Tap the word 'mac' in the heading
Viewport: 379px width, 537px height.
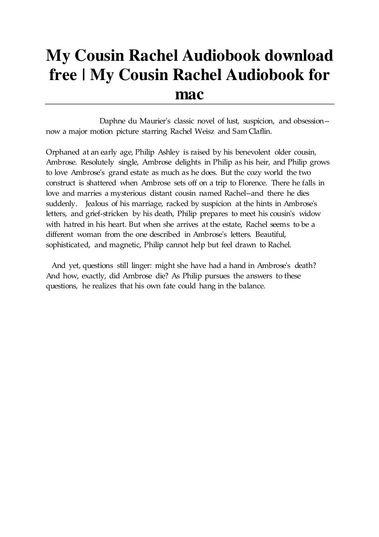point(189,95)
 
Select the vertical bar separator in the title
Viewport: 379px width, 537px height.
point(84,76)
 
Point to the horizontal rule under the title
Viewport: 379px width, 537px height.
point(189,104)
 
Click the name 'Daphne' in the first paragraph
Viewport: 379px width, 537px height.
point(113,121)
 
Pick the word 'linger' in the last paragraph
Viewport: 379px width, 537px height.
point(141,266)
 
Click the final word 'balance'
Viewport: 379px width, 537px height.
point(253,286)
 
